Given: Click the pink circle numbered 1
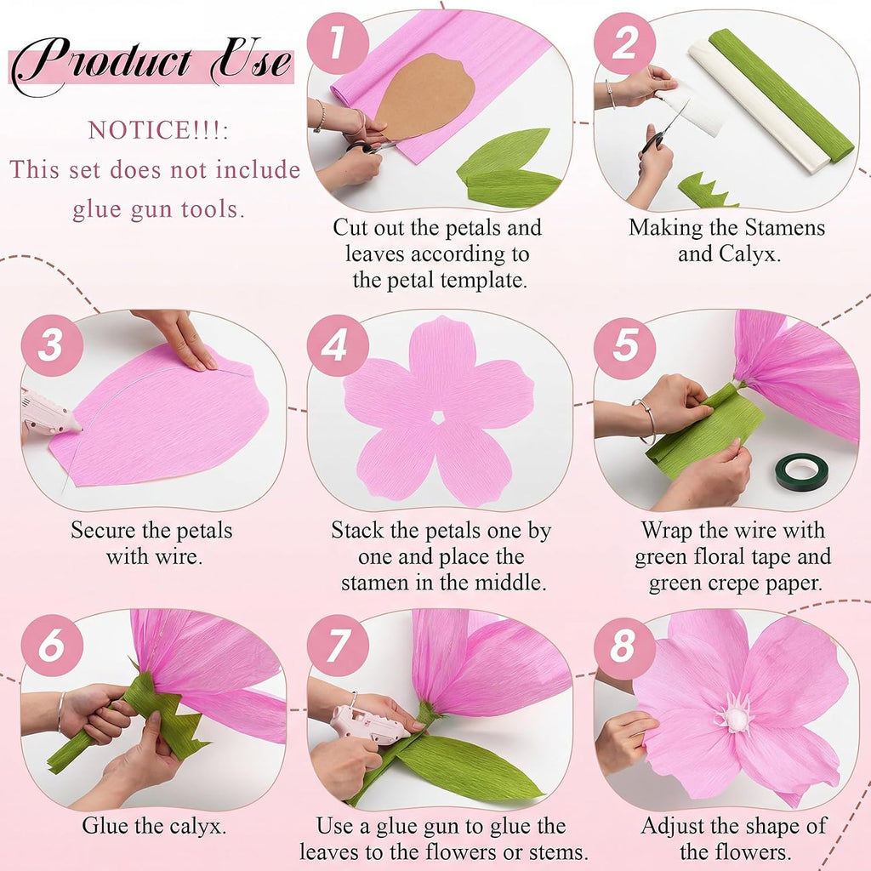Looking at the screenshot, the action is [338, 43].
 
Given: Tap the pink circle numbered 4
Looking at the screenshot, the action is [338, 345].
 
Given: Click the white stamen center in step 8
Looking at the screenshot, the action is [737, 715].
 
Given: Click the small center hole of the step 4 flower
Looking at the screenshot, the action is [438, 417].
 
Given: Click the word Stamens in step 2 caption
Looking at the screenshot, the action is [785, 228].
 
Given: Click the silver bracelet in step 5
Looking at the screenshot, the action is [646, 420].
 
